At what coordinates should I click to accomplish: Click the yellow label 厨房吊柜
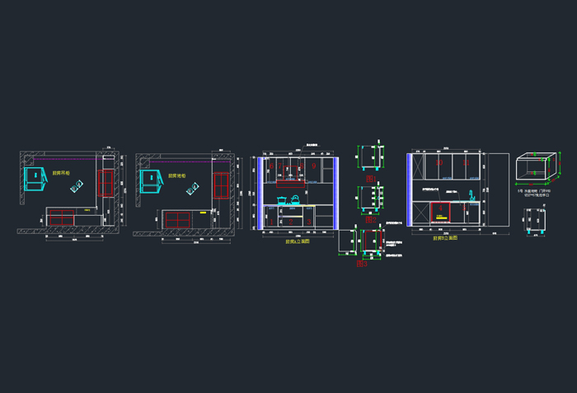61,173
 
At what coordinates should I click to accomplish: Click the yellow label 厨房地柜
176,175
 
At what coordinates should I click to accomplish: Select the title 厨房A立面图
297,242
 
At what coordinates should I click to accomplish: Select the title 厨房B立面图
445,238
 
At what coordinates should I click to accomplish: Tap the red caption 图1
370,179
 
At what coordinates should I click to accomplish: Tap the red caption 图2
370,220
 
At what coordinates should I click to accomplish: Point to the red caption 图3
363,264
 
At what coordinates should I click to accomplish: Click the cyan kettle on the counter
294,198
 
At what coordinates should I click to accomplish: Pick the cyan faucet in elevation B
471,195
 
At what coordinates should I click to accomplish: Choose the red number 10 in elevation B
440,165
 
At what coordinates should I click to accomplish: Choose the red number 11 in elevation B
466,165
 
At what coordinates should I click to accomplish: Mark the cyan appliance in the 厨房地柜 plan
149,181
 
